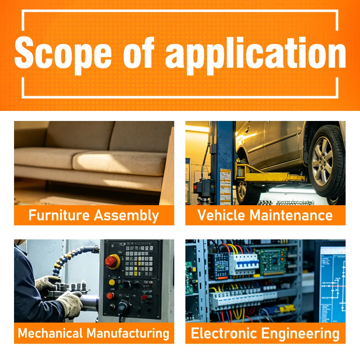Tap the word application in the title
click(256, 55)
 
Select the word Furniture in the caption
click(59, 215)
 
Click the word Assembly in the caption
click(126, 216)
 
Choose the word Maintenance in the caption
click(291, 215)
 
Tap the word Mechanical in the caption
click(50, 333)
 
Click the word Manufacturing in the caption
click(128, 334)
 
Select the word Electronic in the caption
click(224, 333)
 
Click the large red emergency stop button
click(112, 262)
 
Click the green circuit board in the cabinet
click(273, 261)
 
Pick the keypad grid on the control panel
click(139, 261)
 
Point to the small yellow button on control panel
click(112, 282)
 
